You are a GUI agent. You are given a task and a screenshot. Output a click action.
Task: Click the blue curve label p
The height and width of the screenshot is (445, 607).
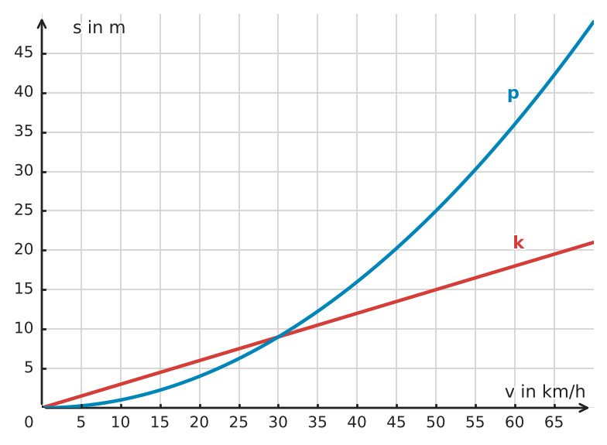click(513, 94)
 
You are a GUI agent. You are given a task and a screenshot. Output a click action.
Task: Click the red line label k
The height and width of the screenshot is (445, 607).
click(519, 243)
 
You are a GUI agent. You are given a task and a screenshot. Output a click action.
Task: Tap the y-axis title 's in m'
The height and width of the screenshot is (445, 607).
click(99, 28)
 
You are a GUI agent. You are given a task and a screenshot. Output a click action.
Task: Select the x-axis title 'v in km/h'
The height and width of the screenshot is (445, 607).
click(545, 392)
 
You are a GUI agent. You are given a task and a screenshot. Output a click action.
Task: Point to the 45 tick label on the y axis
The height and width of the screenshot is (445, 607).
click(24, 53)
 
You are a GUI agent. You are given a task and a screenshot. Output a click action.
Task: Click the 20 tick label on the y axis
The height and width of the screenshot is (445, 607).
click(24, 249)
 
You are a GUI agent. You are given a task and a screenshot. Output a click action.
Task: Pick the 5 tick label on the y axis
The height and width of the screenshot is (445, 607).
click(29, 368)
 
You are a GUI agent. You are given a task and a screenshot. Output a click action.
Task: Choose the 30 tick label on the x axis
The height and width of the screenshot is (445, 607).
click(279, 423)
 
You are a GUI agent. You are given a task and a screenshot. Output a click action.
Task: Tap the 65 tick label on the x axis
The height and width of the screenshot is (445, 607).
click(554, 423)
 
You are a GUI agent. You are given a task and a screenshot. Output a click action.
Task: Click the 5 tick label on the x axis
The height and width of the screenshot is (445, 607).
click(81, 423)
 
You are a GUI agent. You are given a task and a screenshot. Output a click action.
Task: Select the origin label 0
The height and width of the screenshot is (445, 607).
click(29, 423)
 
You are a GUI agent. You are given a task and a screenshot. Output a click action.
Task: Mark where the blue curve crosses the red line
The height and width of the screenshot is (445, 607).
click(279, 337)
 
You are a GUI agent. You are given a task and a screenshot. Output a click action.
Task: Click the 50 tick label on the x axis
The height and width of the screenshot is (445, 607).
click(436, 423)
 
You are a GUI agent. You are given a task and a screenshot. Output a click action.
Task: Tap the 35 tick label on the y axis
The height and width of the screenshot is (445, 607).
click(24, 132)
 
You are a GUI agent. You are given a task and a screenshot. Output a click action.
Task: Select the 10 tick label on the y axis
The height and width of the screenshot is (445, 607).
click(24, 328)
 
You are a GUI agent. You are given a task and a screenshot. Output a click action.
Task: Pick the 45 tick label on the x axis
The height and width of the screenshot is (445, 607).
click(396, 423)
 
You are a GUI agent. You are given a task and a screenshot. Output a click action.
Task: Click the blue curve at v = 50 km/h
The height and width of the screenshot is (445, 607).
click(436, 211)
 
